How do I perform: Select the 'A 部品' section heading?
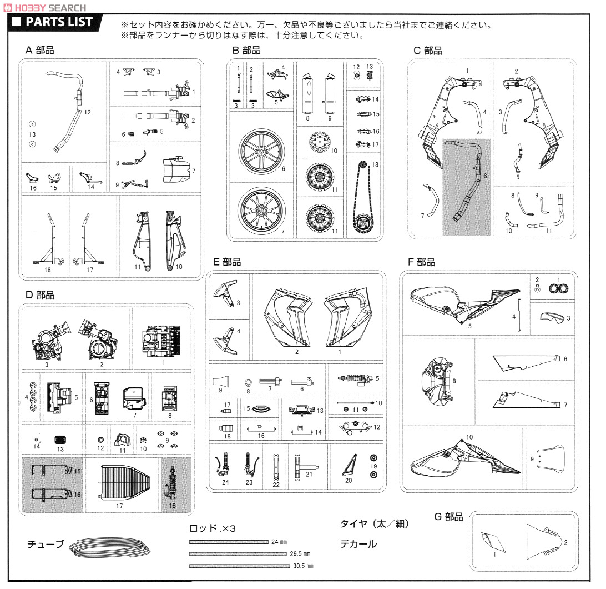(40, 50)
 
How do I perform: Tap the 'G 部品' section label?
(448, 517)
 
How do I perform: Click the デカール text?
(358, 544)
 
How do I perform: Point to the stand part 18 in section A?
(48, 239)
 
